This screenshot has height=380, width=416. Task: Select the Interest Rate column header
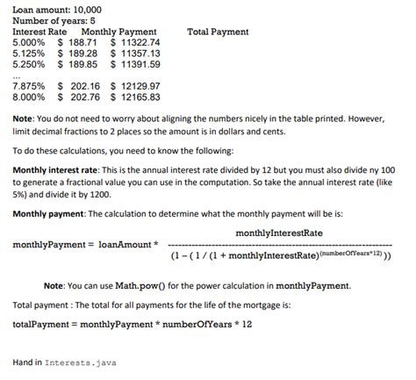click(39, 32)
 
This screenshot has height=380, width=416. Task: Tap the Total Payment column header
click(218, 32)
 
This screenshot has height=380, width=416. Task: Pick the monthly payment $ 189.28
click(77, 54)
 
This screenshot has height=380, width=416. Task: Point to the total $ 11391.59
click(135, 64)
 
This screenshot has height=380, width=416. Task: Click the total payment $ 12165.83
click(135, 97)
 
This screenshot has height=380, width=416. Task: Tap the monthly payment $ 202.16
click(77, 86)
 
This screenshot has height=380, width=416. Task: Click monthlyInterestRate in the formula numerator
click(279, 232)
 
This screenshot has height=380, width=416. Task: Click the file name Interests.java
click(84, 362)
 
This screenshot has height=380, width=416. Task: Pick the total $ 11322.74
click(135, 42)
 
